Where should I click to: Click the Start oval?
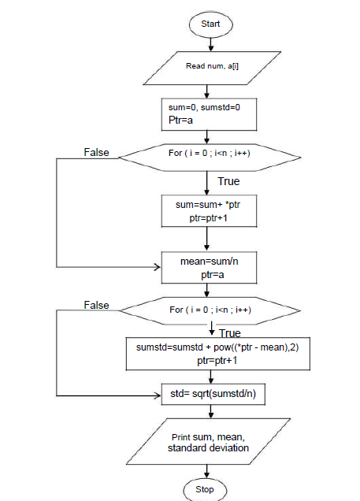click(x=210, y=24)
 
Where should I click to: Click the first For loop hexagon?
click(x=209, y=153)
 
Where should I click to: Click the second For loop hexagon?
click(x=210, y=310)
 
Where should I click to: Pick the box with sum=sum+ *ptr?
click(x=206, y=210)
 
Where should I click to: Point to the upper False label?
click(x=96, y=152)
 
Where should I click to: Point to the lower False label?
click(x=96, y=305)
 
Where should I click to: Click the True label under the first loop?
click(x=228, y=182)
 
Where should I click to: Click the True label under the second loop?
click(x=230, y=333)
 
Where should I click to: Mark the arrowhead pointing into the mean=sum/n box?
click(x=156, y=268)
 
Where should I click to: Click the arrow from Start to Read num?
click(x=210, y=43)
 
